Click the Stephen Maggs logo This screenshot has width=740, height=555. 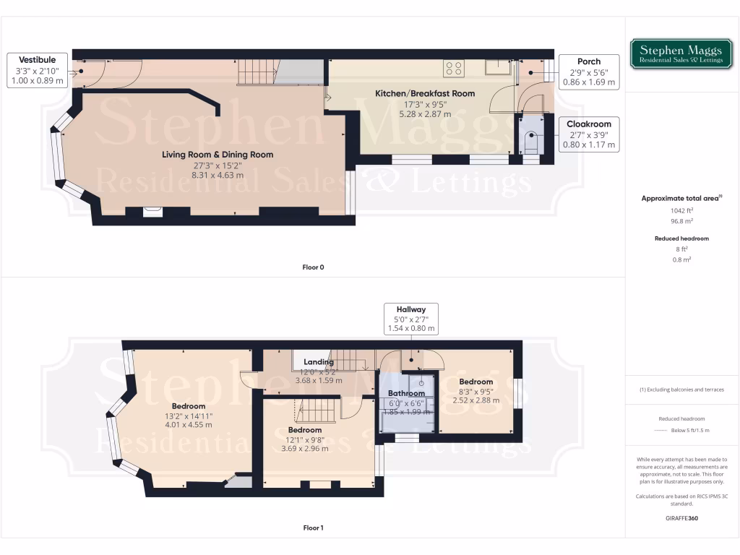tap(681, 54)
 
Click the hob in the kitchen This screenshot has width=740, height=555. tap(455, 69)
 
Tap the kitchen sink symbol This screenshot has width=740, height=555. tap(497, 67)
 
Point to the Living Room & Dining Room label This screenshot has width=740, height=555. tap(218, 154)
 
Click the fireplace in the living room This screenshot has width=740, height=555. tap(152, 211)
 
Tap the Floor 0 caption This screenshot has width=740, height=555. tap(313, 267)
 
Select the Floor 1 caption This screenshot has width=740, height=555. tap(313, 528)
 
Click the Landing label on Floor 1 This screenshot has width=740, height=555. tap(318, 362)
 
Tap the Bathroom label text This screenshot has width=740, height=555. tap(406, 393)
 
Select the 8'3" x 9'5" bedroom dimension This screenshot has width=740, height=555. tap(476, 390)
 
